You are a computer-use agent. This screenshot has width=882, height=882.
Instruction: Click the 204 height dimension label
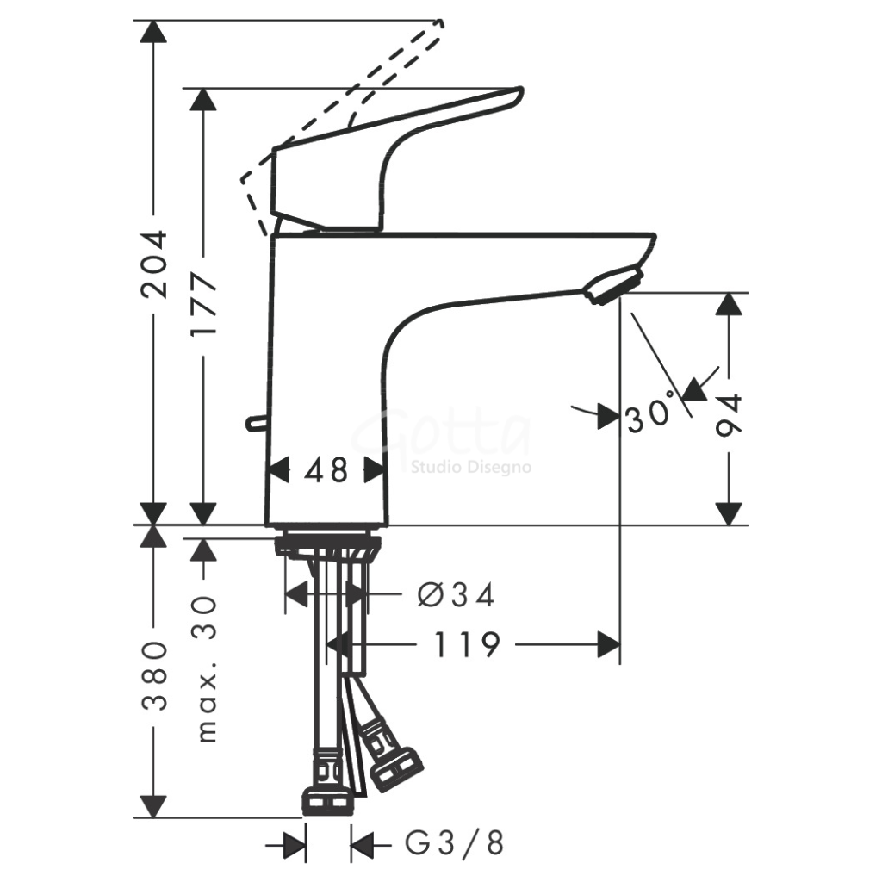155,264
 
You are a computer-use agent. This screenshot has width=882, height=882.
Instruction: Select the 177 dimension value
205,307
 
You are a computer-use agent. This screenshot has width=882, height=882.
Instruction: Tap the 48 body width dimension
326,469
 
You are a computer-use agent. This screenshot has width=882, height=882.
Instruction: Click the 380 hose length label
155,674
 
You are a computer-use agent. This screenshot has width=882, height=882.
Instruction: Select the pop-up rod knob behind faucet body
252,422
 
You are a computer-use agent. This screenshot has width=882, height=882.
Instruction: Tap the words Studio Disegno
470,468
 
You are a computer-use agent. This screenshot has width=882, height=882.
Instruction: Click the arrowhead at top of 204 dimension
154,33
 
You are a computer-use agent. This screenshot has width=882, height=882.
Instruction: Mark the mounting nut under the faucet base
327,546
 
